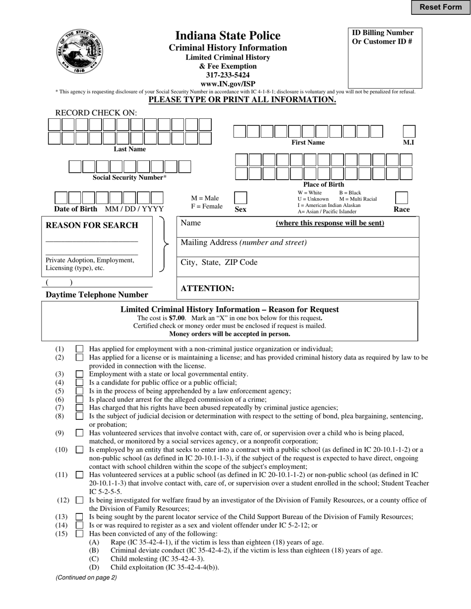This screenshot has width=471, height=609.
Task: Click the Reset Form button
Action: pyautogui.click(x=440, y=7)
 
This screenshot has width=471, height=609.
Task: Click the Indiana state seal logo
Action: pyautogui.click(x=80, y=51)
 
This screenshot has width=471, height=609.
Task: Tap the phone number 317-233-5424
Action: pyautogui.click(x=228, y=75)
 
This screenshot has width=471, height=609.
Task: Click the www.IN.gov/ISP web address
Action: pyautogui.click(x=228, y=84)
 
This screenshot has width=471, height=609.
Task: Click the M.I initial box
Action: pyautogui.click(x=409, y=131)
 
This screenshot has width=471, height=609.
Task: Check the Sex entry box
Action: pyautogui.click(x=240, y=198)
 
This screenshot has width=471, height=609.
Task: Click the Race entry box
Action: pyautogui.click(x=401, y=198)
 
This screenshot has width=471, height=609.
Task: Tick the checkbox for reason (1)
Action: pyautogui.click(x=79, y=349)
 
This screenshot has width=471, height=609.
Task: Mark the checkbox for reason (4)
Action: pyautogui.click(x=79, y=383)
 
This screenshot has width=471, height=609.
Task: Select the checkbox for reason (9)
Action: pyautogui.click(x=79, y=433)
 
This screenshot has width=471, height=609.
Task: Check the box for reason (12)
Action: pyautogui.click(x=79, y=501)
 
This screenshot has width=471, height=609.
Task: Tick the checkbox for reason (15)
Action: pyautogui.click(x=79, y=534)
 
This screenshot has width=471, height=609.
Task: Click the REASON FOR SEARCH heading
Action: pyautogui.click(x=92, y=225)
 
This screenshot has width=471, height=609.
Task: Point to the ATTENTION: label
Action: pyautogui.click(x=207, y=289)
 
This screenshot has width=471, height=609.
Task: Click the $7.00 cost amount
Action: pyautogui.click(x=177, y=318)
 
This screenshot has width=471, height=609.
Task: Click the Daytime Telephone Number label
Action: pyautogui.click(x=97, y=295)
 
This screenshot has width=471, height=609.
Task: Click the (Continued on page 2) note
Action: pyautogui.click(x=86, y=577)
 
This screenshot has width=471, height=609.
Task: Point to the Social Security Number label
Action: pyautogui.click(x=129, y=177)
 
